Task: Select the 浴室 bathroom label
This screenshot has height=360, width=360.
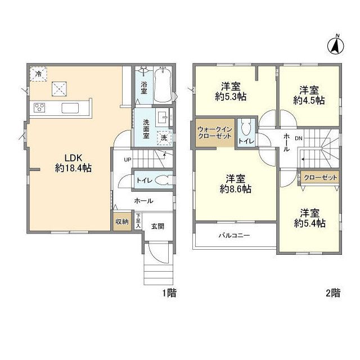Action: [143, 87]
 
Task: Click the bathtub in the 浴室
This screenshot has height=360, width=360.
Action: [164, 84]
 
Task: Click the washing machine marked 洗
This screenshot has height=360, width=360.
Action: [164, 136]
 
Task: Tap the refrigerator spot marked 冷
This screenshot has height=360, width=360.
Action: [38, 74]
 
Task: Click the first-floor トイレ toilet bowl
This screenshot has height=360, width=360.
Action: [161, 181]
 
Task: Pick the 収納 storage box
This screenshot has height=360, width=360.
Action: [121, 222]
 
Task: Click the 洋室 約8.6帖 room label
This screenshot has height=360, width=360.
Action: [236, 184]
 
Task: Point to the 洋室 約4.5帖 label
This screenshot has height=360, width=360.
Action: [308, 95]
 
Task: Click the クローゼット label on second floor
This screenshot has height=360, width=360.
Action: [320, 177]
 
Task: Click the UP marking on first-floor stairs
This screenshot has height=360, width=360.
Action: [128, 160]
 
